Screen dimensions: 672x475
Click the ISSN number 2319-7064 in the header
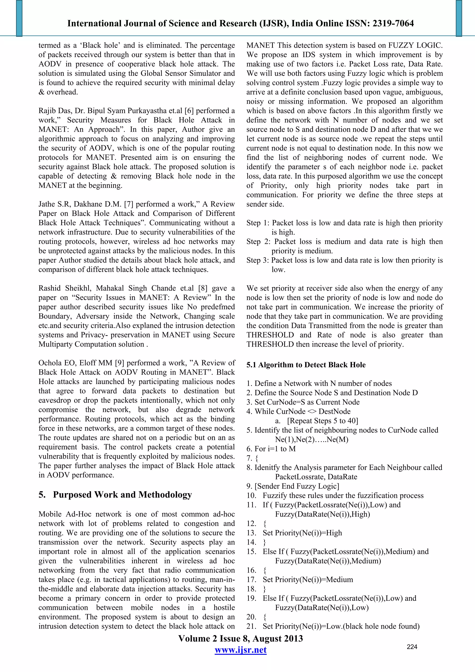pos(393,23)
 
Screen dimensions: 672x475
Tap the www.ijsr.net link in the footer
pos(241,650)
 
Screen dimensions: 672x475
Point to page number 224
pos(412,647)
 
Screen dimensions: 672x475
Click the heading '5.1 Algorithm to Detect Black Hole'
pos(306,365)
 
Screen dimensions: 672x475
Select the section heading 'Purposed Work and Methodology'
pos(122,495)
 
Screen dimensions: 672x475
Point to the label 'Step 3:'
pos(257,260)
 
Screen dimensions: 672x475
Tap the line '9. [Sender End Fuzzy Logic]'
pos(293,486)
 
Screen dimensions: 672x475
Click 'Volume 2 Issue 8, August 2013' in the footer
pos(241,639)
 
